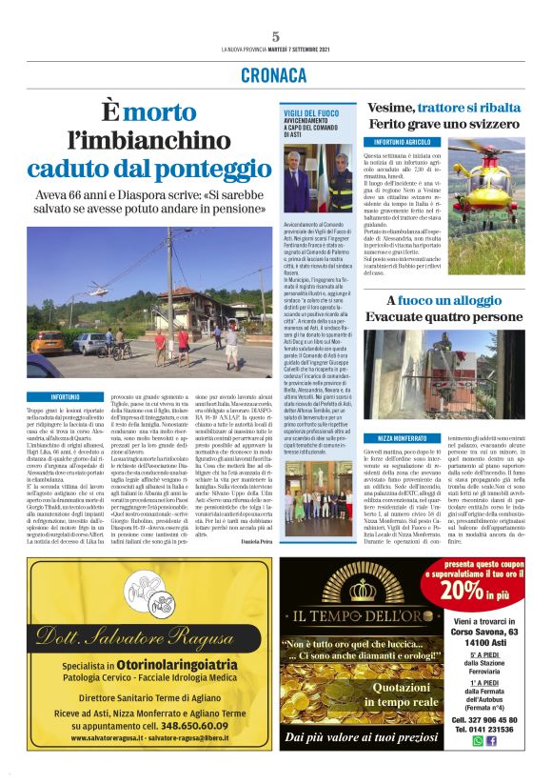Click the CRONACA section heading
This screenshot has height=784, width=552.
pyautogui.click(x=275, y=75)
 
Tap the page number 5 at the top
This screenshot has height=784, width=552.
pyautogui.click(x=275, y=36)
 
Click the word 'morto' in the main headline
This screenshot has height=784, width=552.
pyautogui.click(x=161, y=112)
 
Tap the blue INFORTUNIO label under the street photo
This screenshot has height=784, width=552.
pyautogui.click(x=66, y=395)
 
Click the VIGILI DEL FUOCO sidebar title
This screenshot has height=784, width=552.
pyautogui.click(x=311, y=112)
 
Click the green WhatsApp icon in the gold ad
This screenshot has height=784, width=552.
pyautogui.click(x=476, y=740)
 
